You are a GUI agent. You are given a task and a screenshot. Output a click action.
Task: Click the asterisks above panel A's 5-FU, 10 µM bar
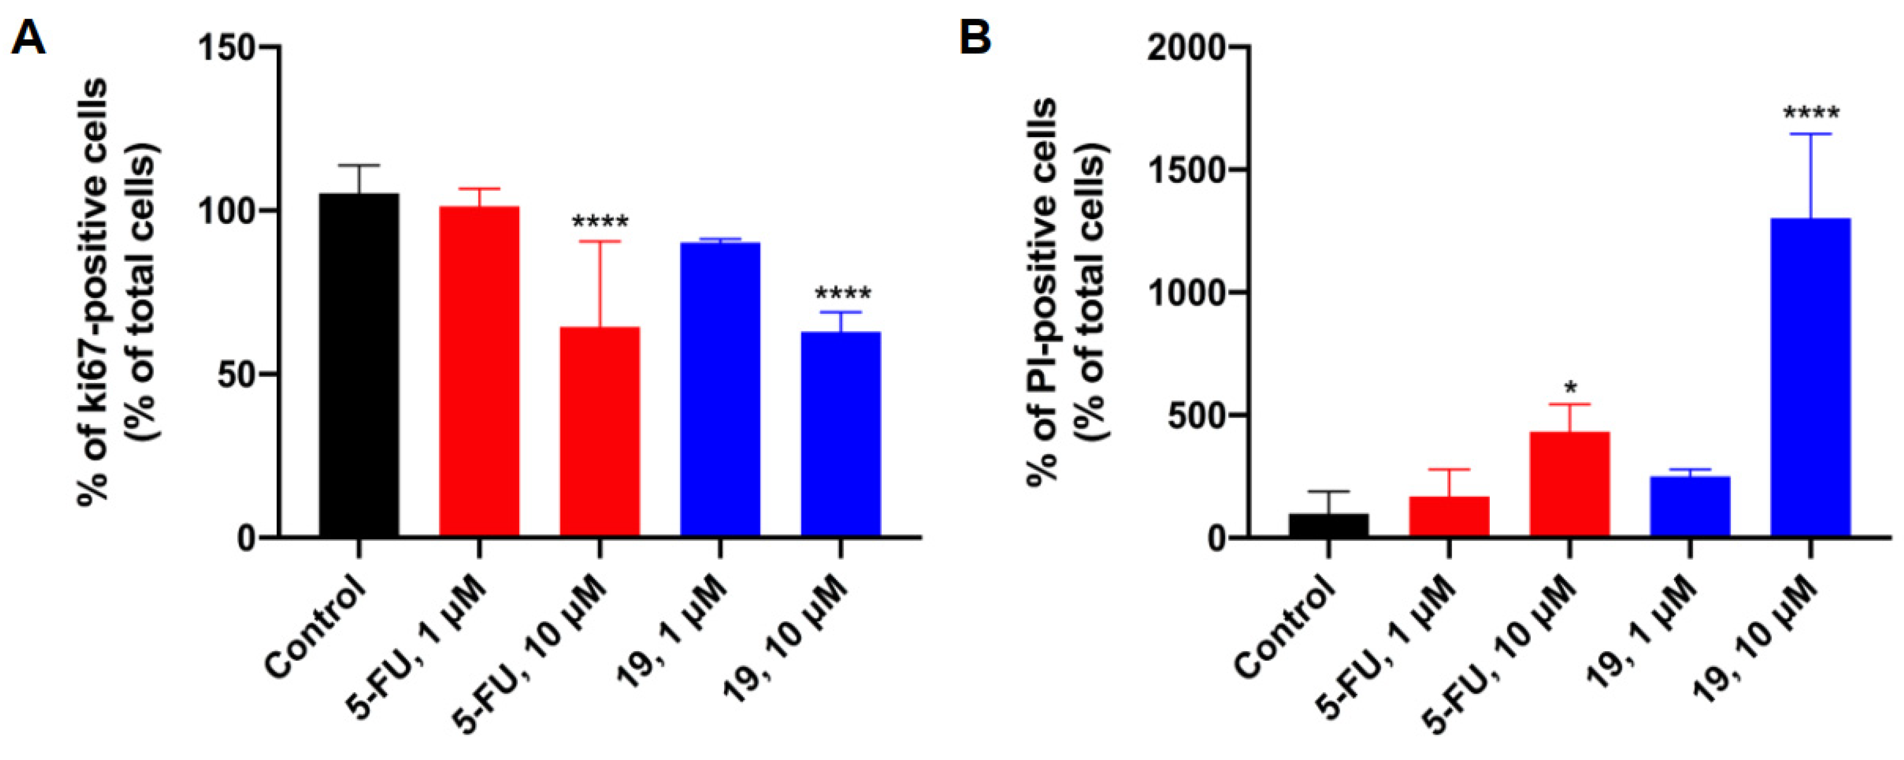pyautogui.click(x=599, y=222)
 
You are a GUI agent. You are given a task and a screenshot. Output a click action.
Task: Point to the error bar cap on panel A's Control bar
pyautogui.click(x=359, y=165)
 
